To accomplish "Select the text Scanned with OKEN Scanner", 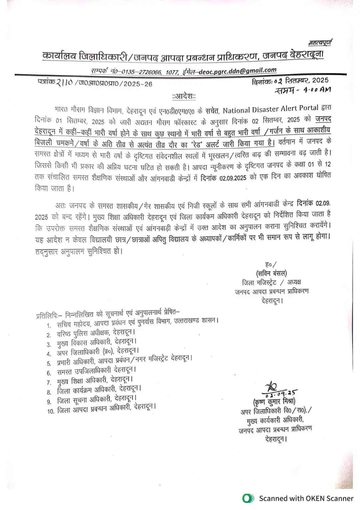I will tap(306, 498).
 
